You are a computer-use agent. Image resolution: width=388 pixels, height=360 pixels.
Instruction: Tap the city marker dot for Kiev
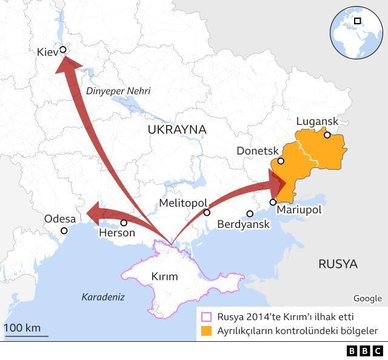[62, 50]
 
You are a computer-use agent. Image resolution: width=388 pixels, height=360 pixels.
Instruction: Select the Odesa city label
[60, 219]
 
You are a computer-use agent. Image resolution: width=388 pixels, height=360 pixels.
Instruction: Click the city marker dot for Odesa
[64, 231]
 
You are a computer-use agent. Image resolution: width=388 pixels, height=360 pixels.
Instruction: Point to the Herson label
[117, 233]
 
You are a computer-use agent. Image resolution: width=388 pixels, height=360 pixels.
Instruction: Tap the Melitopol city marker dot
[207, 213]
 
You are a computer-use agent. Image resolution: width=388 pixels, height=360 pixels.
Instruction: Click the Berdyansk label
[243, 224]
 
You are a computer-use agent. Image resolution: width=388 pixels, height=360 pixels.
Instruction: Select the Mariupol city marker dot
[273, 202]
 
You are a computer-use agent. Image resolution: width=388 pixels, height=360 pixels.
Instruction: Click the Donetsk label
[257, 150]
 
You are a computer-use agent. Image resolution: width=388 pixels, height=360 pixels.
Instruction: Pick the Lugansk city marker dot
[327, 135]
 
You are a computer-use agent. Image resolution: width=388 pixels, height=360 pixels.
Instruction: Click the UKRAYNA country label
[176, 130]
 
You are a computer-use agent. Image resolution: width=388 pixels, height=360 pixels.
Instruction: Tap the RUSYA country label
[338, 264]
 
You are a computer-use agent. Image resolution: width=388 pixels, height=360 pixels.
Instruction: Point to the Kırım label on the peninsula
[164, 277]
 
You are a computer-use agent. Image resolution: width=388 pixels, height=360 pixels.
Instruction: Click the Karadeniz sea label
[103, 297]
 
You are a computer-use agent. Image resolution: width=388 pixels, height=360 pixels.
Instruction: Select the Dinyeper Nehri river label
[118, 91]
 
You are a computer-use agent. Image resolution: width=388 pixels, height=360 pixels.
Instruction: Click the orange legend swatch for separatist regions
[207, 331]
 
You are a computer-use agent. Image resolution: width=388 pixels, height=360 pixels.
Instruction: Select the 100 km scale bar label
[22, 328]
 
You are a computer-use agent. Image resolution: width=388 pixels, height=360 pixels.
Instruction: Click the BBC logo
[365, 351]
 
